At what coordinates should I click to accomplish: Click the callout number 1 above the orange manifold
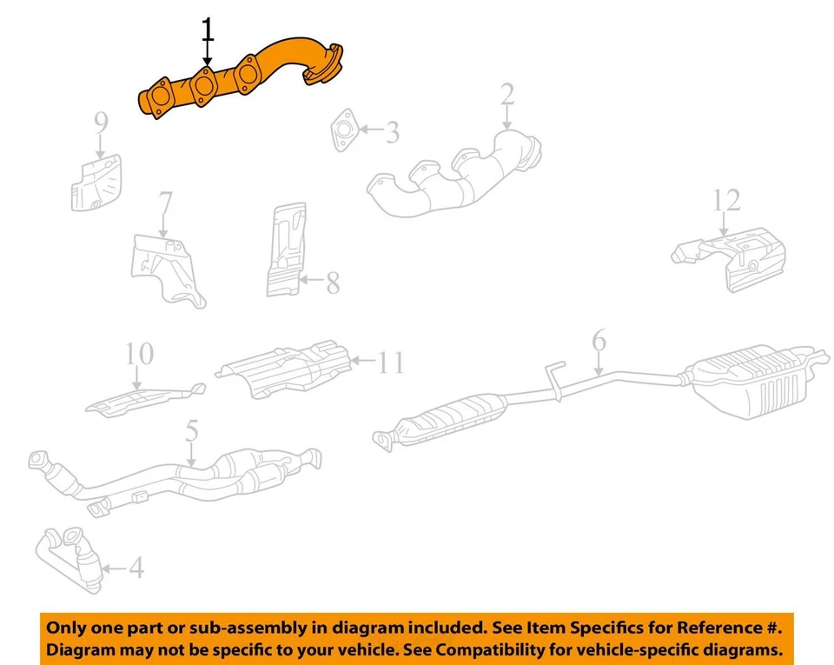coord(207,30)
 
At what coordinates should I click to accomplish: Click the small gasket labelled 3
coord(344,130)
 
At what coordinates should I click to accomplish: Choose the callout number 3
coord(393,133)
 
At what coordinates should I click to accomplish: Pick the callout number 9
coord(102,124)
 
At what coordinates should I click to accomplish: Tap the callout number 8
coord(333,283)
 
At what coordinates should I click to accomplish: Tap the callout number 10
coord(139,354)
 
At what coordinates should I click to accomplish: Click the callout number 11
coord(392,362)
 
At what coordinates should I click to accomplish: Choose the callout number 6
coord(599,342)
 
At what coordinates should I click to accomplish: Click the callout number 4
coord(136,569)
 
